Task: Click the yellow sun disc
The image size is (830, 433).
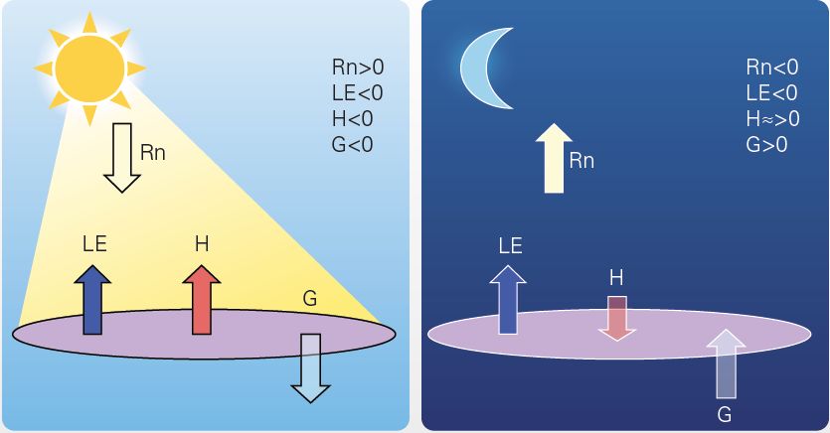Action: (x=88, y=67)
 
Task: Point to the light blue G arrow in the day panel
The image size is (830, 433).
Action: (x=311, y=366)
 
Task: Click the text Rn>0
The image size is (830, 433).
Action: (x=357, y=69)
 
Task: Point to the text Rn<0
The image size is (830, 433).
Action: (x=771, y=69)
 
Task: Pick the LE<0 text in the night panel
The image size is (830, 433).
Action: (x=771, y=93)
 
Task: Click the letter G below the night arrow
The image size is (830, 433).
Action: (x=725, y=413)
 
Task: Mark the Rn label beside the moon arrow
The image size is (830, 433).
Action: (x=581, y=160)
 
